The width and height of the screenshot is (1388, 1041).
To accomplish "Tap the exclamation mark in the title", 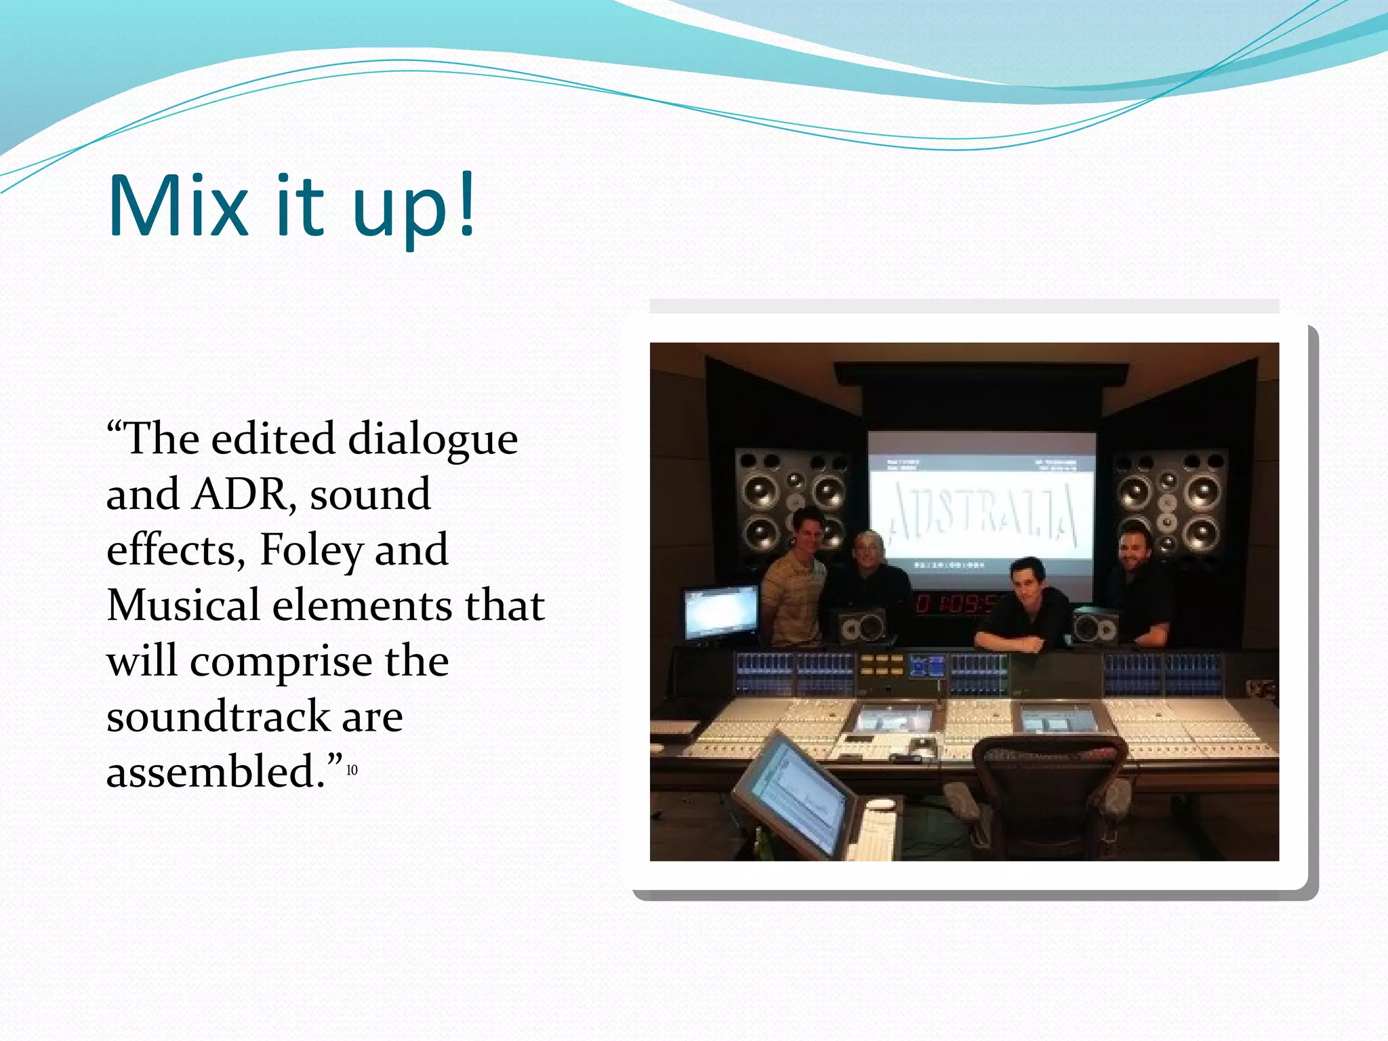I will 466,203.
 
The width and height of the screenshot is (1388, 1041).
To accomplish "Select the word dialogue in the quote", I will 432,439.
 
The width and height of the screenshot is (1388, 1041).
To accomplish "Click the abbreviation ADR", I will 243,495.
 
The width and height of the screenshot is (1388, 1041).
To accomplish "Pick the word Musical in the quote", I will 183,605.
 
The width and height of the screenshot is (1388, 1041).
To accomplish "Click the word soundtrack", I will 218,716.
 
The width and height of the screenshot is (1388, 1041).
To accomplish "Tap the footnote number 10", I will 352,770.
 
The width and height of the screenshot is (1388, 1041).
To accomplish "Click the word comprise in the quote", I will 281,661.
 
